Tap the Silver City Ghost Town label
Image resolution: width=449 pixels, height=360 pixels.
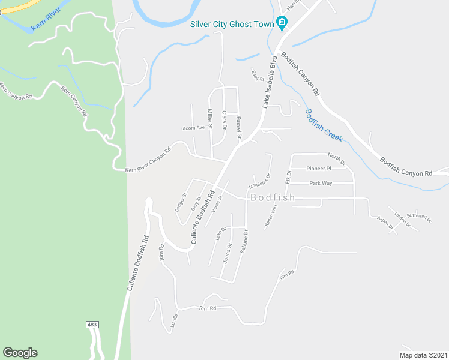pos(231,25)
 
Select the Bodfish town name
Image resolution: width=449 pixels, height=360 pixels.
pos(273,197)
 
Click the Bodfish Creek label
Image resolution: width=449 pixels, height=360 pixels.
pos(323,125)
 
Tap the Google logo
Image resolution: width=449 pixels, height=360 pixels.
pos(20,353)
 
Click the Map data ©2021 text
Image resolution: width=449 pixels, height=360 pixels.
pos(423,355)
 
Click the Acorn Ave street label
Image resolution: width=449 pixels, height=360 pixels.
pos(194,128)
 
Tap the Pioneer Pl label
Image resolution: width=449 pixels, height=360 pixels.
pos(319,169)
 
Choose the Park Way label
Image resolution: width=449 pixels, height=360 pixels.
pos(321,183)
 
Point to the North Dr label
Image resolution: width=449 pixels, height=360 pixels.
pos(338,160)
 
